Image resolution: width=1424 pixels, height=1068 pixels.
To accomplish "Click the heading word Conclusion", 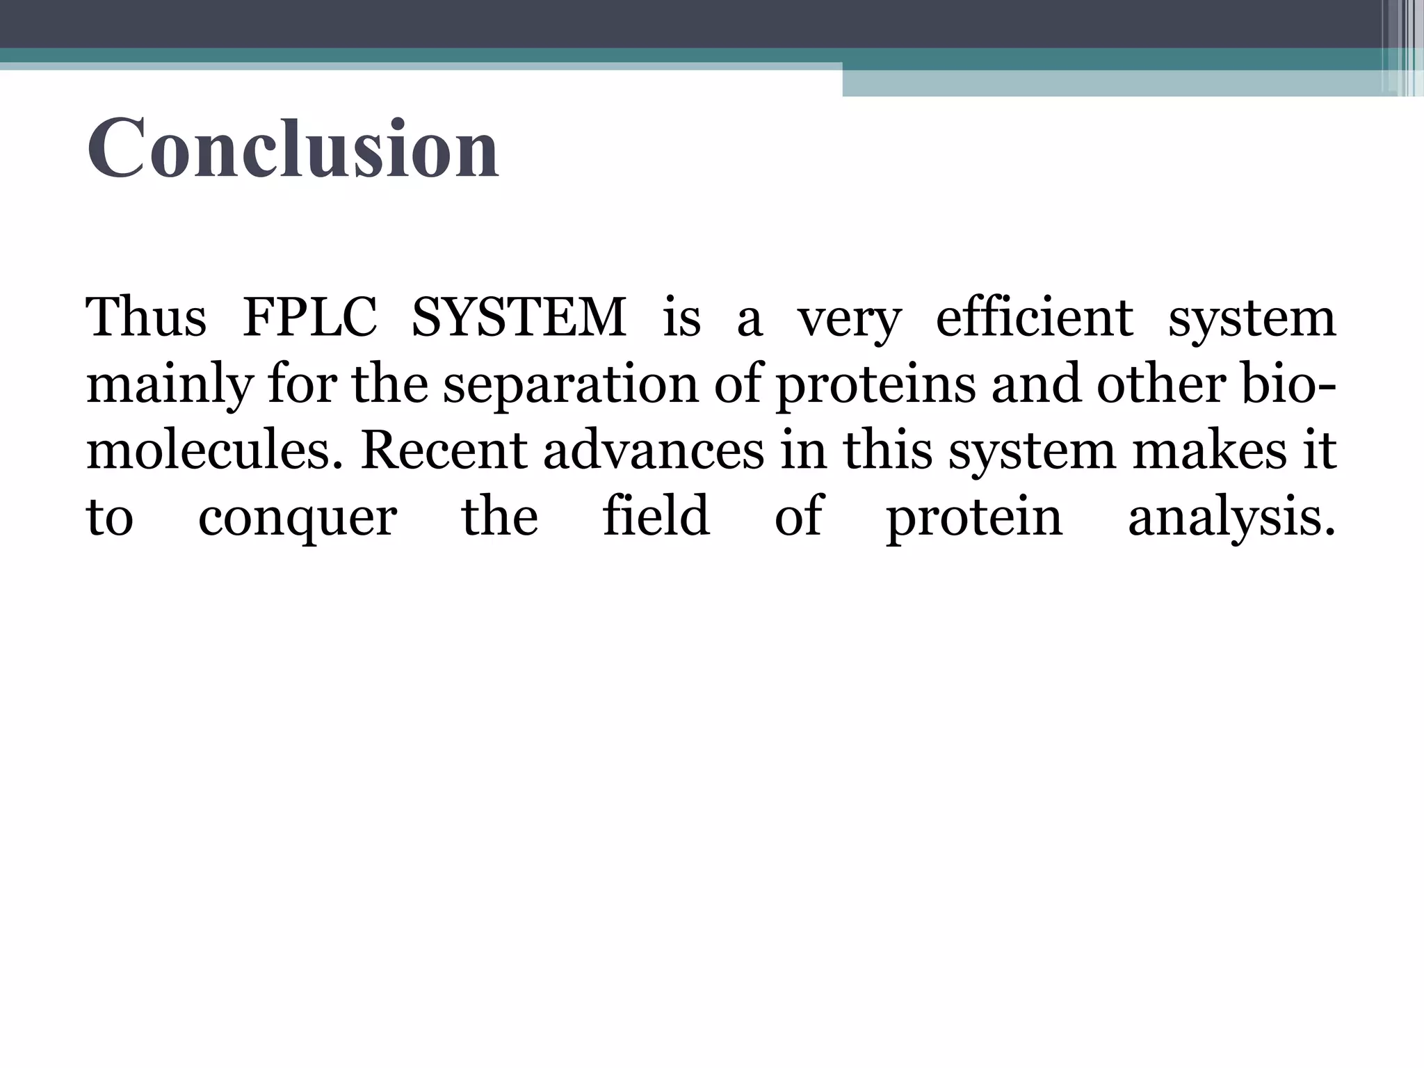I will (x=293, y=149).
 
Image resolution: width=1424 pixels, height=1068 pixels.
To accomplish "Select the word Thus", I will (x=146, y=318).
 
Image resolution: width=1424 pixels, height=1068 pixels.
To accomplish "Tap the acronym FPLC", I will (x=309, y=318).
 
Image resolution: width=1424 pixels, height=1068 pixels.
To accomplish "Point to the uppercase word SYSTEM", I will (x=519, y=318).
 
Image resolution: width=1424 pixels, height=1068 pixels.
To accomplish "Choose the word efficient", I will (x=1035, y=318).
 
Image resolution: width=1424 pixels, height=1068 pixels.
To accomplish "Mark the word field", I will (x=656, y=516).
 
